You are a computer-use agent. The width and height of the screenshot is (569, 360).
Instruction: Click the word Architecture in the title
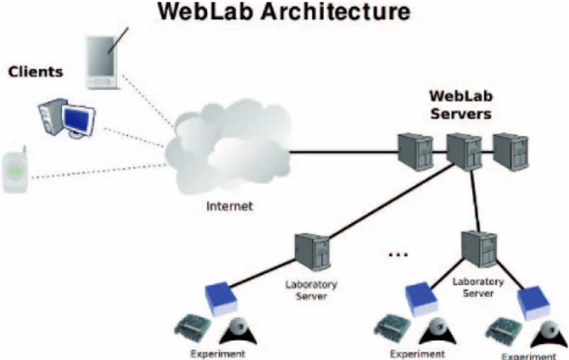[336, 12]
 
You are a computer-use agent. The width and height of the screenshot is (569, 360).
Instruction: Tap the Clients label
[35, 72]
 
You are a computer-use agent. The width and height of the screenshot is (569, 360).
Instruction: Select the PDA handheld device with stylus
[103, 60]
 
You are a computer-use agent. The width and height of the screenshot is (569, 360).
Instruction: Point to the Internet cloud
[228, 147]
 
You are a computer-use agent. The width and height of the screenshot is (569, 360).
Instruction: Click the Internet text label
[229, 206]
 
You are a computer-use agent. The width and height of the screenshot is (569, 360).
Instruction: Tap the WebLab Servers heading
[461, 105]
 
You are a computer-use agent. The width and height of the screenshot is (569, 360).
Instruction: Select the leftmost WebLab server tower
[415, 152]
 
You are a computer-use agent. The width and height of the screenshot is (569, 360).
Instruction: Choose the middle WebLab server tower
[464, 152]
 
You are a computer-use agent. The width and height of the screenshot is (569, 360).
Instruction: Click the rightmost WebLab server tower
[511, 152]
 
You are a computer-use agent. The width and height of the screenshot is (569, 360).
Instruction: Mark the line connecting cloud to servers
[344, 152]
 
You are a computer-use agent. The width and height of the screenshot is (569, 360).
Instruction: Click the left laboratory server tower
[312, 252]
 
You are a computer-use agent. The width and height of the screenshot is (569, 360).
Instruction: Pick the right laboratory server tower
[479, 249]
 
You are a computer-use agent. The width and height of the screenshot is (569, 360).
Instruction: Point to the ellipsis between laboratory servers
[398, 255]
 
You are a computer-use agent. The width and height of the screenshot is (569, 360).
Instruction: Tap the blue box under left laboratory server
[221, 298]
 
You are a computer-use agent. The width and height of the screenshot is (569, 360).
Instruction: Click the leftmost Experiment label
[218, 354]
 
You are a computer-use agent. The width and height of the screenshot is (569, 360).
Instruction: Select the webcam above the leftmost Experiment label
[238, 331]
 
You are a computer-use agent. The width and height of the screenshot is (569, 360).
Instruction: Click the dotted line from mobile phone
[98, 172]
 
